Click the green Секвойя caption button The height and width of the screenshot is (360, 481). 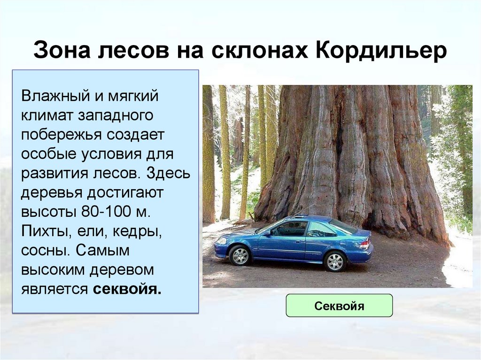(339, 306)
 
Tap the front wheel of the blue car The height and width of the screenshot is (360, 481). (240, 255)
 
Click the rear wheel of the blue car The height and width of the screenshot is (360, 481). (335, 261)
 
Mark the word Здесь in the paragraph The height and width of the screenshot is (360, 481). (168, 174)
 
